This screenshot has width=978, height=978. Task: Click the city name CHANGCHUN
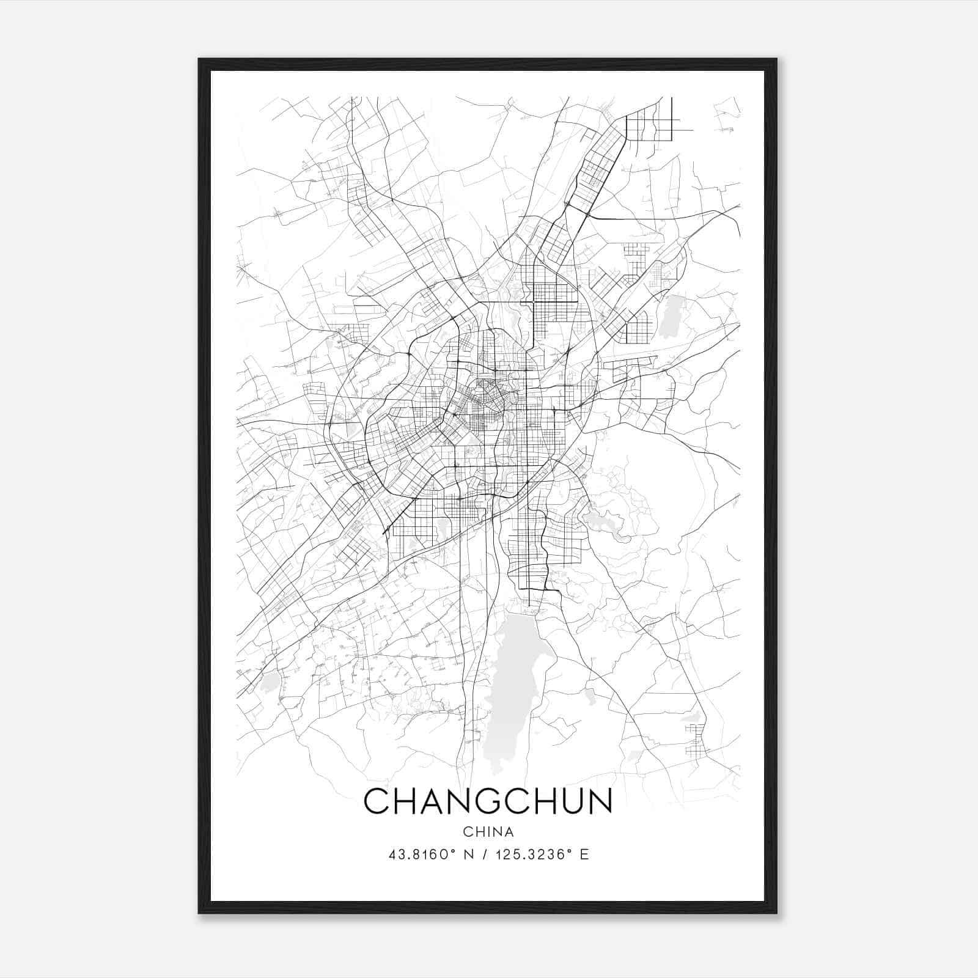point(488,801)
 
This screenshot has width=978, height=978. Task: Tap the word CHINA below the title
point(488,832)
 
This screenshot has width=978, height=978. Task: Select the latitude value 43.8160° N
point(432,855)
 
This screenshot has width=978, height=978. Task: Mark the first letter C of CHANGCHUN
point(377,801)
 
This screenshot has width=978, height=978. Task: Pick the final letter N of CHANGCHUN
point(600,801)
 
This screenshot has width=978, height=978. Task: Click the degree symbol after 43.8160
point(455,851)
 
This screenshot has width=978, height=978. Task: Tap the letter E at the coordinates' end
point(584,855)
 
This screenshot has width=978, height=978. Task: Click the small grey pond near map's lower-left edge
point(269,683)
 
